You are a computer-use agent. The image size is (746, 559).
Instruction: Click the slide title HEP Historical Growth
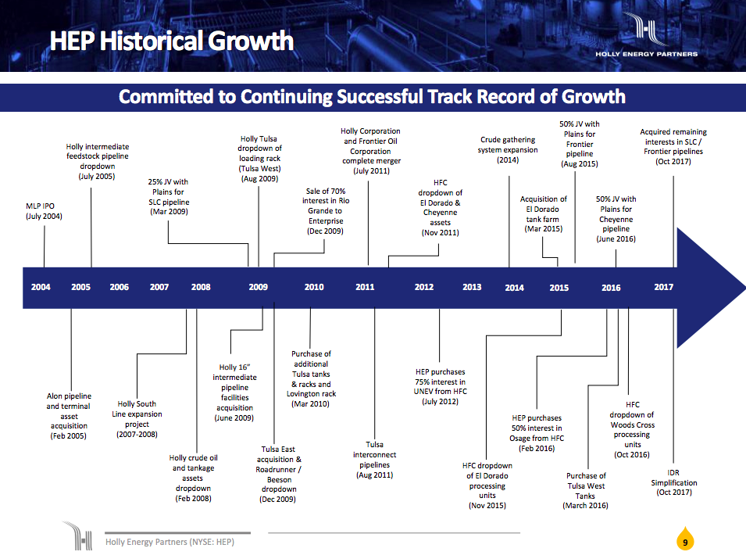pyautogui.click(x=172, y=41)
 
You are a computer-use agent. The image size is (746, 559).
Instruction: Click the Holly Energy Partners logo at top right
pyautogui.click(x=646, y=39)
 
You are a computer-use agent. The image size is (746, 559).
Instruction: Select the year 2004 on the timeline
pyautogui.click(x=41, y=287)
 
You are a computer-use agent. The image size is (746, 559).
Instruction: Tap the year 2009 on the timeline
pyautogui.click(x=258, y=287)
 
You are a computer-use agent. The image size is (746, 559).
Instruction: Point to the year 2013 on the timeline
pyautogui.click(x=472, y=287)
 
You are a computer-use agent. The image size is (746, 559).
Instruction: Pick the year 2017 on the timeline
pyautogui.click(x=663, y=287)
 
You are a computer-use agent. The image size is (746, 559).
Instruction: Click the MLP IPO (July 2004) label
pyautogui.click(x=44, y=211)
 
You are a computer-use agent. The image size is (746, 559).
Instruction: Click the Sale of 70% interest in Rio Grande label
pyautogui.click(x=325, y=211)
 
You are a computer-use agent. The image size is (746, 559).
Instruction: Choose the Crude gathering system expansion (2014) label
pyautogui.click(x=508, y=150)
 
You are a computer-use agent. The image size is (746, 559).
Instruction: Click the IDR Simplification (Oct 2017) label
pyautogui.click(x=674, y=482)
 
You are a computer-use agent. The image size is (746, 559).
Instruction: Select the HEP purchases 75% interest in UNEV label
pyautogui.click(x=441, y=387)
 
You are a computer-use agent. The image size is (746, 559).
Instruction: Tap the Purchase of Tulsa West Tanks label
pyautogui.click(x=585, y=490)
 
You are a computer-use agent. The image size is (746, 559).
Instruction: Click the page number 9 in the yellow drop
pyautogui.click(x=685, y=541)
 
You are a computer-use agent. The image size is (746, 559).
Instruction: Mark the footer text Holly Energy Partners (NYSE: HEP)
pyautogui.click(x=170, y=541)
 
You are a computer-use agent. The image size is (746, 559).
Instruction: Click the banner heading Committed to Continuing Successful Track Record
pyautogui.click(x=372, y=97)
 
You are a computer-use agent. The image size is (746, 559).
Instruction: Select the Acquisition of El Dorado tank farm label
pyautogui.click(x=544, y=214)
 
